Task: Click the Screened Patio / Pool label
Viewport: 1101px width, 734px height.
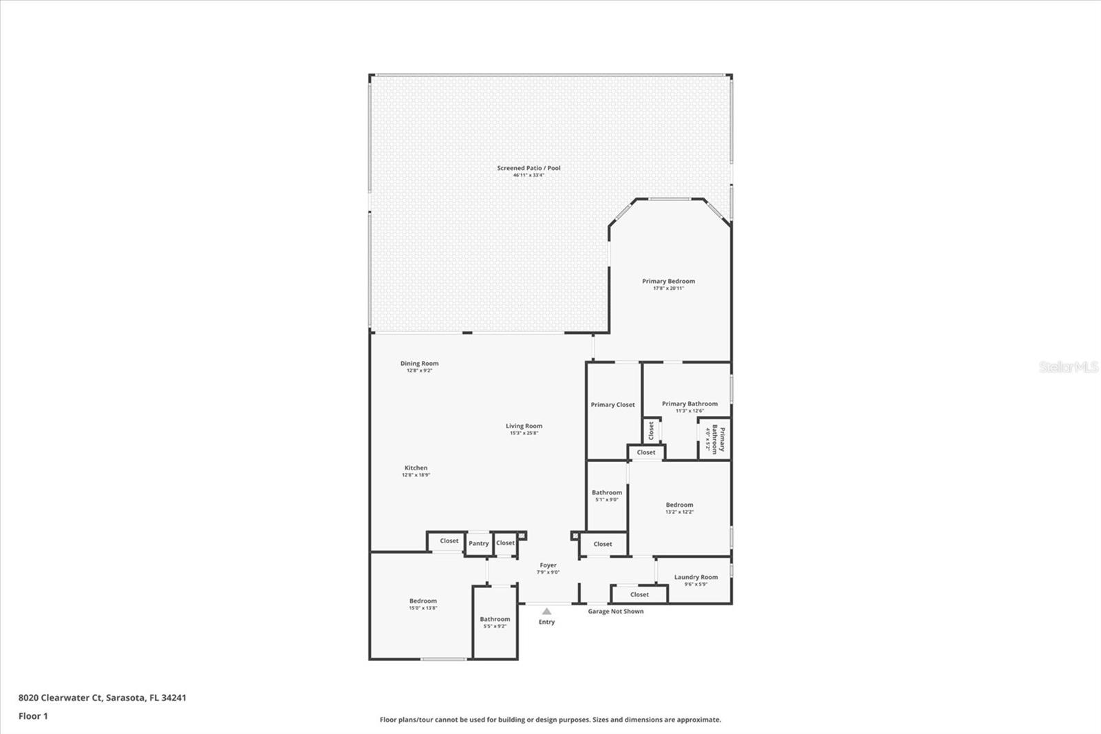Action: [x=528, y=168]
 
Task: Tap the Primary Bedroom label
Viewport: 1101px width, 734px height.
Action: [x=668, y=281]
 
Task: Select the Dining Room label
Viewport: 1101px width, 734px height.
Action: [x=419, y=364]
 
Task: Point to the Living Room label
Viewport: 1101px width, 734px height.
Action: [x=524, y=426]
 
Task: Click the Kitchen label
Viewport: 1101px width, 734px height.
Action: [x=416, y=468]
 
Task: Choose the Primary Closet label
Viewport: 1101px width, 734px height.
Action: [x=612, y=405]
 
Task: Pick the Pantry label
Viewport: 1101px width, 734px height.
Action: [x=478, y=543]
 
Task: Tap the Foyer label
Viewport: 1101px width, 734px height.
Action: [x=548, y=565]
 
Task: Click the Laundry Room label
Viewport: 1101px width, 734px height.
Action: [x=696, y=577]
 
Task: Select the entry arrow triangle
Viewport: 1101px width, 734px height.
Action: [x=546, y=611]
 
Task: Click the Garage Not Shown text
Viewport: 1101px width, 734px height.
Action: [x=616, y=611]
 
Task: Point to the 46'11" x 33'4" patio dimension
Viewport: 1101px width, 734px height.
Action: [x=528, y=176]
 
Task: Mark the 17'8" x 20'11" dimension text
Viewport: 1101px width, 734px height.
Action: [x=668, y=289]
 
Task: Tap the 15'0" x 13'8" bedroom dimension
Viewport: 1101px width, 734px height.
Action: [x=423, y=608]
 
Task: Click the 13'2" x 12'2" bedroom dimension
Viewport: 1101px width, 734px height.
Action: [x=679, y=512]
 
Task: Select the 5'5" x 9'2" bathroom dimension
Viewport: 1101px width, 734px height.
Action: [x=495, y=627]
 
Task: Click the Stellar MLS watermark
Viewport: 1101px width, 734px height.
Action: [x=1068, y=367]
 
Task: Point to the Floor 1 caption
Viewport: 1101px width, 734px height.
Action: [x=33, y=716]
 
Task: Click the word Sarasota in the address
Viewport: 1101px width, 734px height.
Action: [x=125, y=698]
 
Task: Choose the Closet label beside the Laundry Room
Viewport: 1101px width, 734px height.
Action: [x=639, y=594]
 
